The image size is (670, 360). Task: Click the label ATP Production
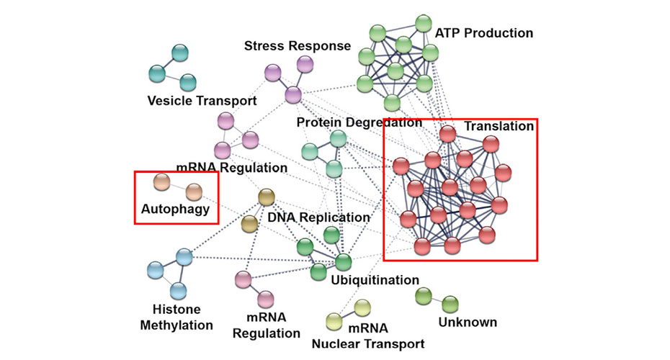tap(484, 33)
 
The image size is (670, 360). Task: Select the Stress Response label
tap(297, 46)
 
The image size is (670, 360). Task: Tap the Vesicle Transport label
tap(202, 100)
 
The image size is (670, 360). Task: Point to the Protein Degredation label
tap(359, 123)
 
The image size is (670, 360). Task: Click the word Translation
tap(499, 127)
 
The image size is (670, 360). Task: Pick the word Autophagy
tap(175, 210)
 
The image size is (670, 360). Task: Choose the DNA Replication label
tap(318, 217)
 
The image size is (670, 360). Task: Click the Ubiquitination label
tap(375, 279)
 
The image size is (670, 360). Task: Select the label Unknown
tap(468, 322)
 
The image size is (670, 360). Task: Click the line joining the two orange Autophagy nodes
tap(177, 187)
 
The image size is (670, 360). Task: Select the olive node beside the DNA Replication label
tap(250, 223)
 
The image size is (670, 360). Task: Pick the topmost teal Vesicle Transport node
tap(179, 53)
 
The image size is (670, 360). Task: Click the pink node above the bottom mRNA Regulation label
tap(265, 299)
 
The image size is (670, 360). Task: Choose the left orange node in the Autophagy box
tap(162, 181)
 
